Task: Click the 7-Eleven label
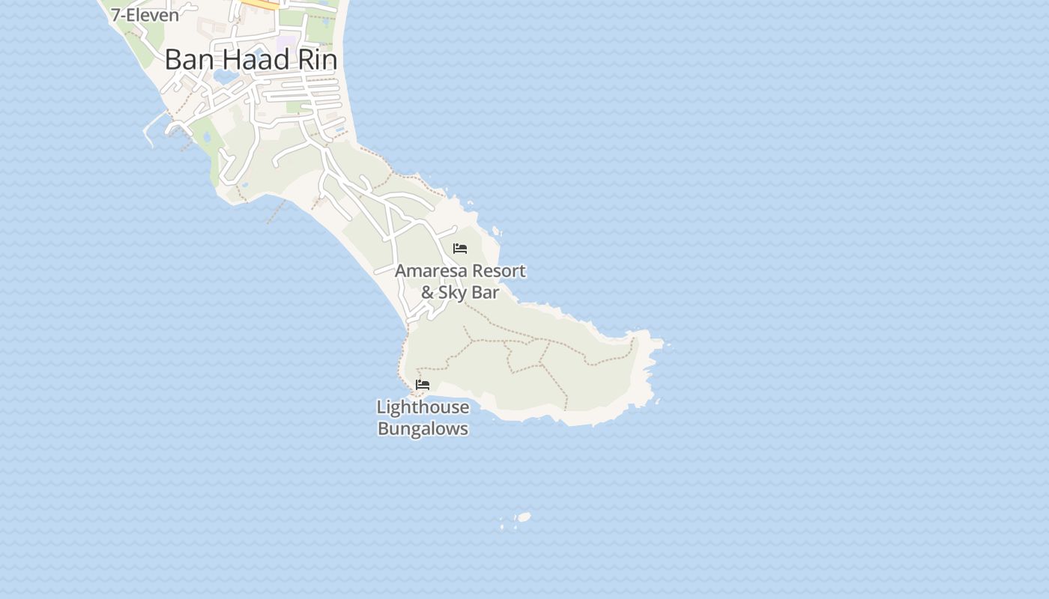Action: [145, 14]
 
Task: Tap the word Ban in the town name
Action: [184, 60]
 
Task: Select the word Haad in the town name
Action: [250, 60]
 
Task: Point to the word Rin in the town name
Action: [318, 60]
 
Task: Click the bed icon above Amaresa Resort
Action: [460, 249]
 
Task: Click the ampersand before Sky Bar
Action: [428, 293]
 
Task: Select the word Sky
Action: [452, 293]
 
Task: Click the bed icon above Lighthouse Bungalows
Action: [423, 385]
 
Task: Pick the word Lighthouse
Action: [423, 407]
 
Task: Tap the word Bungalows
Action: [423, 429]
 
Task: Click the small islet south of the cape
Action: [524, 517]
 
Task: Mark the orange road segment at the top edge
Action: [262, 4]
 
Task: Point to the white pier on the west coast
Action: [153, 124]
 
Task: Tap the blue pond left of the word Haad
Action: [222, 76]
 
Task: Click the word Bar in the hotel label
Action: [485, 293]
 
